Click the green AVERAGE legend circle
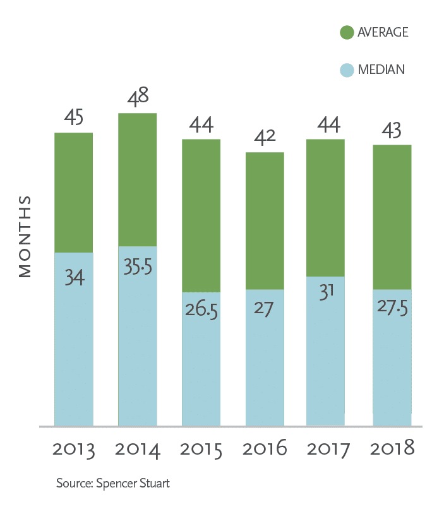(x=346, y=33)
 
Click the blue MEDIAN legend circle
(x=346, y=70)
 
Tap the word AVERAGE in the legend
(x=383, y=33)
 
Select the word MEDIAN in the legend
(x=381, y=70)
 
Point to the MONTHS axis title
(x=25, y=237)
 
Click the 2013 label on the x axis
(x=74, y=450)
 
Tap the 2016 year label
(x=265, y=450)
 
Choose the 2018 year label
(x=392, y=450)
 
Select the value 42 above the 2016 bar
(x=265, y=137)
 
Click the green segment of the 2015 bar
(x=201, y=215)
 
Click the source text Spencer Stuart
(x=114, y=484)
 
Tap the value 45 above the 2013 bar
(x=74, y=117)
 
